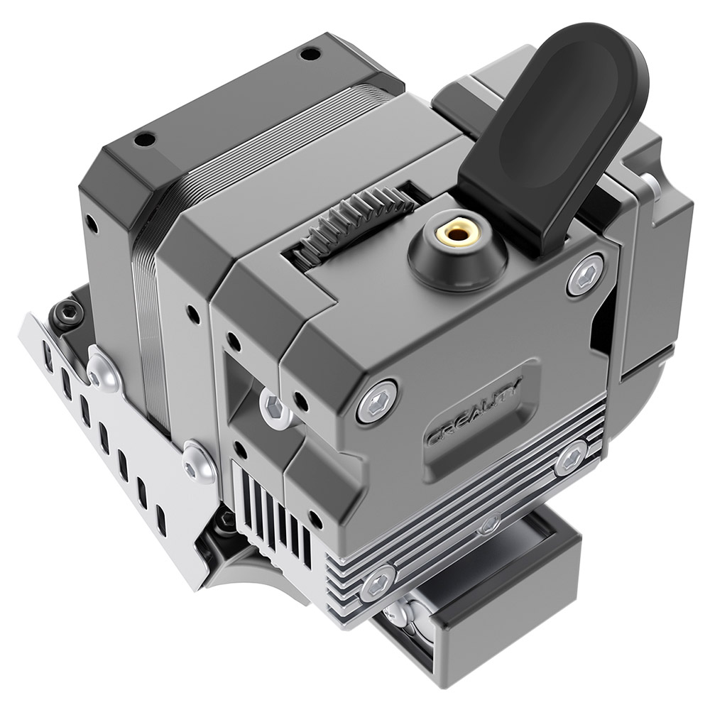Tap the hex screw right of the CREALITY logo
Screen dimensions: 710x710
[x=572, y=458]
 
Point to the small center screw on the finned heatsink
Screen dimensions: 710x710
[x=489, y=526]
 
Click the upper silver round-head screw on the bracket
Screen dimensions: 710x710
[x=104, y=370]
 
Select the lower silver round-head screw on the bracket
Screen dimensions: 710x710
[x=198, y=461]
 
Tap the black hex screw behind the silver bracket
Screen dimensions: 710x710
[x=69, y=310]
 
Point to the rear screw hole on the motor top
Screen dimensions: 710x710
[x=310, y=53]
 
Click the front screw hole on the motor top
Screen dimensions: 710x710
[x=145, y=139]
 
